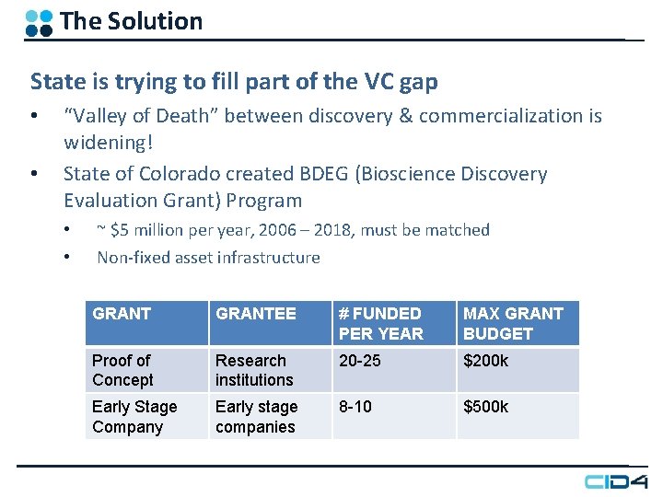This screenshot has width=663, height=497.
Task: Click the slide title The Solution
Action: [x=131, y=21]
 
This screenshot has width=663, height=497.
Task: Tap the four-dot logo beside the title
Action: [x=39, y=22]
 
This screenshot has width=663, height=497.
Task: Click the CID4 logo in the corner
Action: [x=615, y=480]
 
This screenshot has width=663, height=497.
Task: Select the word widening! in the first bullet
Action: [x=108, y=143]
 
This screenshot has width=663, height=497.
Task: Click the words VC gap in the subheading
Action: [x=393, y=82]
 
